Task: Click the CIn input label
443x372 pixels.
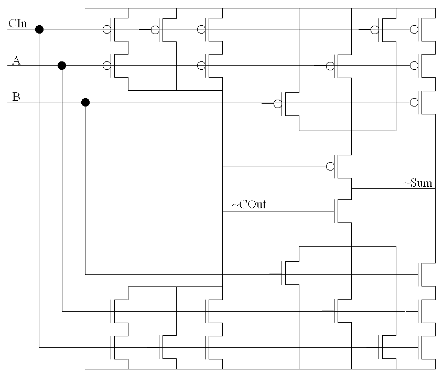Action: point(18,23)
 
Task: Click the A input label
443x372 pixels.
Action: point(16,61)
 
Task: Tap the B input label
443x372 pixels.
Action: point(16,97)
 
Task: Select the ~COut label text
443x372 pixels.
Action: point(248,205)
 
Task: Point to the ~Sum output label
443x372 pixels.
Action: point(418,183)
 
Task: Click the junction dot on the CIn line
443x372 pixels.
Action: point(39,29)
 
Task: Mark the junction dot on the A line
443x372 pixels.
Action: point(62,66)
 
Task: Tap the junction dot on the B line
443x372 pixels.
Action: point(85,102)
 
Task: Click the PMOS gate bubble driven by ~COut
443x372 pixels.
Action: point(330,166)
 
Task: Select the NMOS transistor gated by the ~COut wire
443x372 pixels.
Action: point(341,211)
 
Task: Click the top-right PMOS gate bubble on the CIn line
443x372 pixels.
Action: point(414,29)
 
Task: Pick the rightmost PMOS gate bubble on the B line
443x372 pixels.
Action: point(414,102)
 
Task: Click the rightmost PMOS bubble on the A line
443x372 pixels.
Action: point(414,66)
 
